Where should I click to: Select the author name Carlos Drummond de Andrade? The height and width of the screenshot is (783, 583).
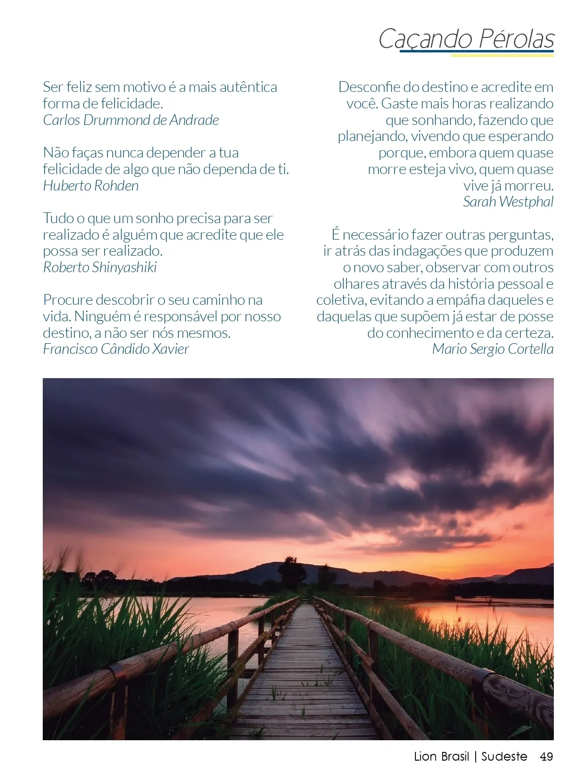click(x=131, y=120)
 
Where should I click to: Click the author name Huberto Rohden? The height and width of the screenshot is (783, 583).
click(x=91, y=186)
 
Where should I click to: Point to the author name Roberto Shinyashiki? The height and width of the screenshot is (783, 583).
click(x=100, y=267)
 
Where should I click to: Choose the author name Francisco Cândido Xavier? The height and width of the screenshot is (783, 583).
click(x=116, y=349)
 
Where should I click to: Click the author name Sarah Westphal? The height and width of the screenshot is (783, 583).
click(x=508, y=202)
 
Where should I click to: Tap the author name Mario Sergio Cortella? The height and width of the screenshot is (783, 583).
click(x=493, y=349)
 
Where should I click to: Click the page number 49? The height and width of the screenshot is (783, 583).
click(x=546, y=757)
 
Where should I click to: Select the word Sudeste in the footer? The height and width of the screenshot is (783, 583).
click(x=504, y=757)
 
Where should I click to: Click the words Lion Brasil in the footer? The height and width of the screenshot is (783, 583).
click(x=442, y=757)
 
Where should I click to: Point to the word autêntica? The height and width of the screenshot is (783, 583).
click(x=248, y=87)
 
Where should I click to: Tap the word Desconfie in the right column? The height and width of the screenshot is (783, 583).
click(x=369, y=87)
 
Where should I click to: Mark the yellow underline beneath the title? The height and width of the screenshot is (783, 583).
click(x=502, y=55)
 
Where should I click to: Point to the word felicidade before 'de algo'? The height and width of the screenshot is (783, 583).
click(x=75, y=169)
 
